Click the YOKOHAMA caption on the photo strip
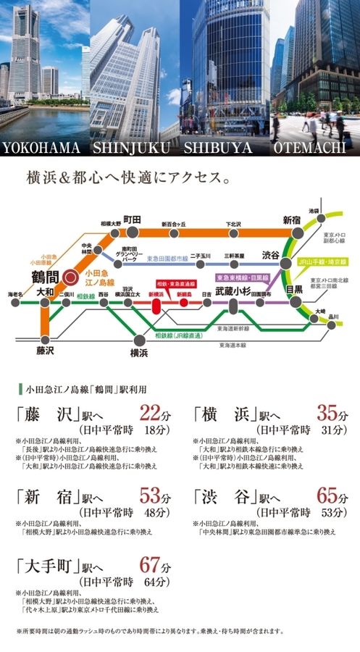pyautogui.click(x=45, y=148)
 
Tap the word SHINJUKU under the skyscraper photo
pyautogui.click(x=135, y=148)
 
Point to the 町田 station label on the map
pyautogui.click(x=131, y=220)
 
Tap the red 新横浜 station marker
pyautogui.click(x=156, y=305)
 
